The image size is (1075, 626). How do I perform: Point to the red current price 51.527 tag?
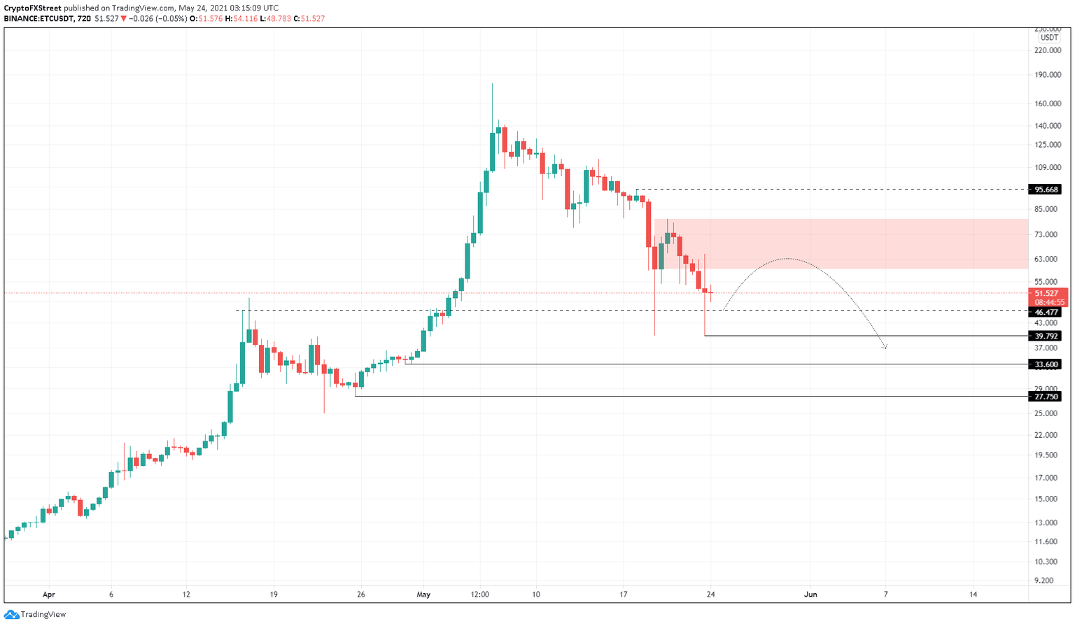point(1047,294)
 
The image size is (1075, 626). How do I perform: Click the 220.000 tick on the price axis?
point(1047,50)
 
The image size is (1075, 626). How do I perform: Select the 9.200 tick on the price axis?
point(1044,581)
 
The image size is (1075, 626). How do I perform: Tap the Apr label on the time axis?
point(48,595)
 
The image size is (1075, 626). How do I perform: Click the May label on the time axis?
point(423,595)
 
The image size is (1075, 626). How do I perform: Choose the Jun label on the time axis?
point(810,595)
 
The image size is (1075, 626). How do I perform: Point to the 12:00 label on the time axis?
point(479,595)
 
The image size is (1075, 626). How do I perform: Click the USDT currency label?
point(1048,38)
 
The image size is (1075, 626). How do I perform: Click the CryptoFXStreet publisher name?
point(32,8)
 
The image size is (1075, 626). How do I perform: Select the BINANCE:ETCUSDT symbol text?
point(38,19)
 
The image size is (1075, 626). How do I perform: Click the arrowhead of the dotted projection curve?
point(885,346)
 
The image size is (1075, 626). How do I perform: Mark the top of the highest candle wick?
point(492,84)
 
